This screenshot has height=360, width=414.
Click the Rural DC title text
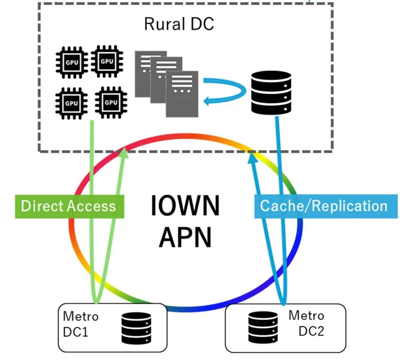pos(179,24)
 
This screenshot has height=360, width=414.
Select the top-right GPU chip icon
pos(107,62)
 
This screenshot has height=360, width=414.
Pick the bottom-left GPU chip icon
pos(71,102)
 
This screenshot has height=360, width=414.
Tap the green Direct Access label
pos(69,206)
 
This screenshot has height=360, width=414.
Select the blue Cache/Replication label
pos(323,206)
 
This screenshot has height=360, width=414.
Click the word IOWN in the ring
pos(185,206)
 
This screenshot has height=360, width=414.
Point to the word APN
pos(185,237)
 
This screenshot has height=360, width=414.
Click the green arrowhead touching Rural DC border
pos(124,152)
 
